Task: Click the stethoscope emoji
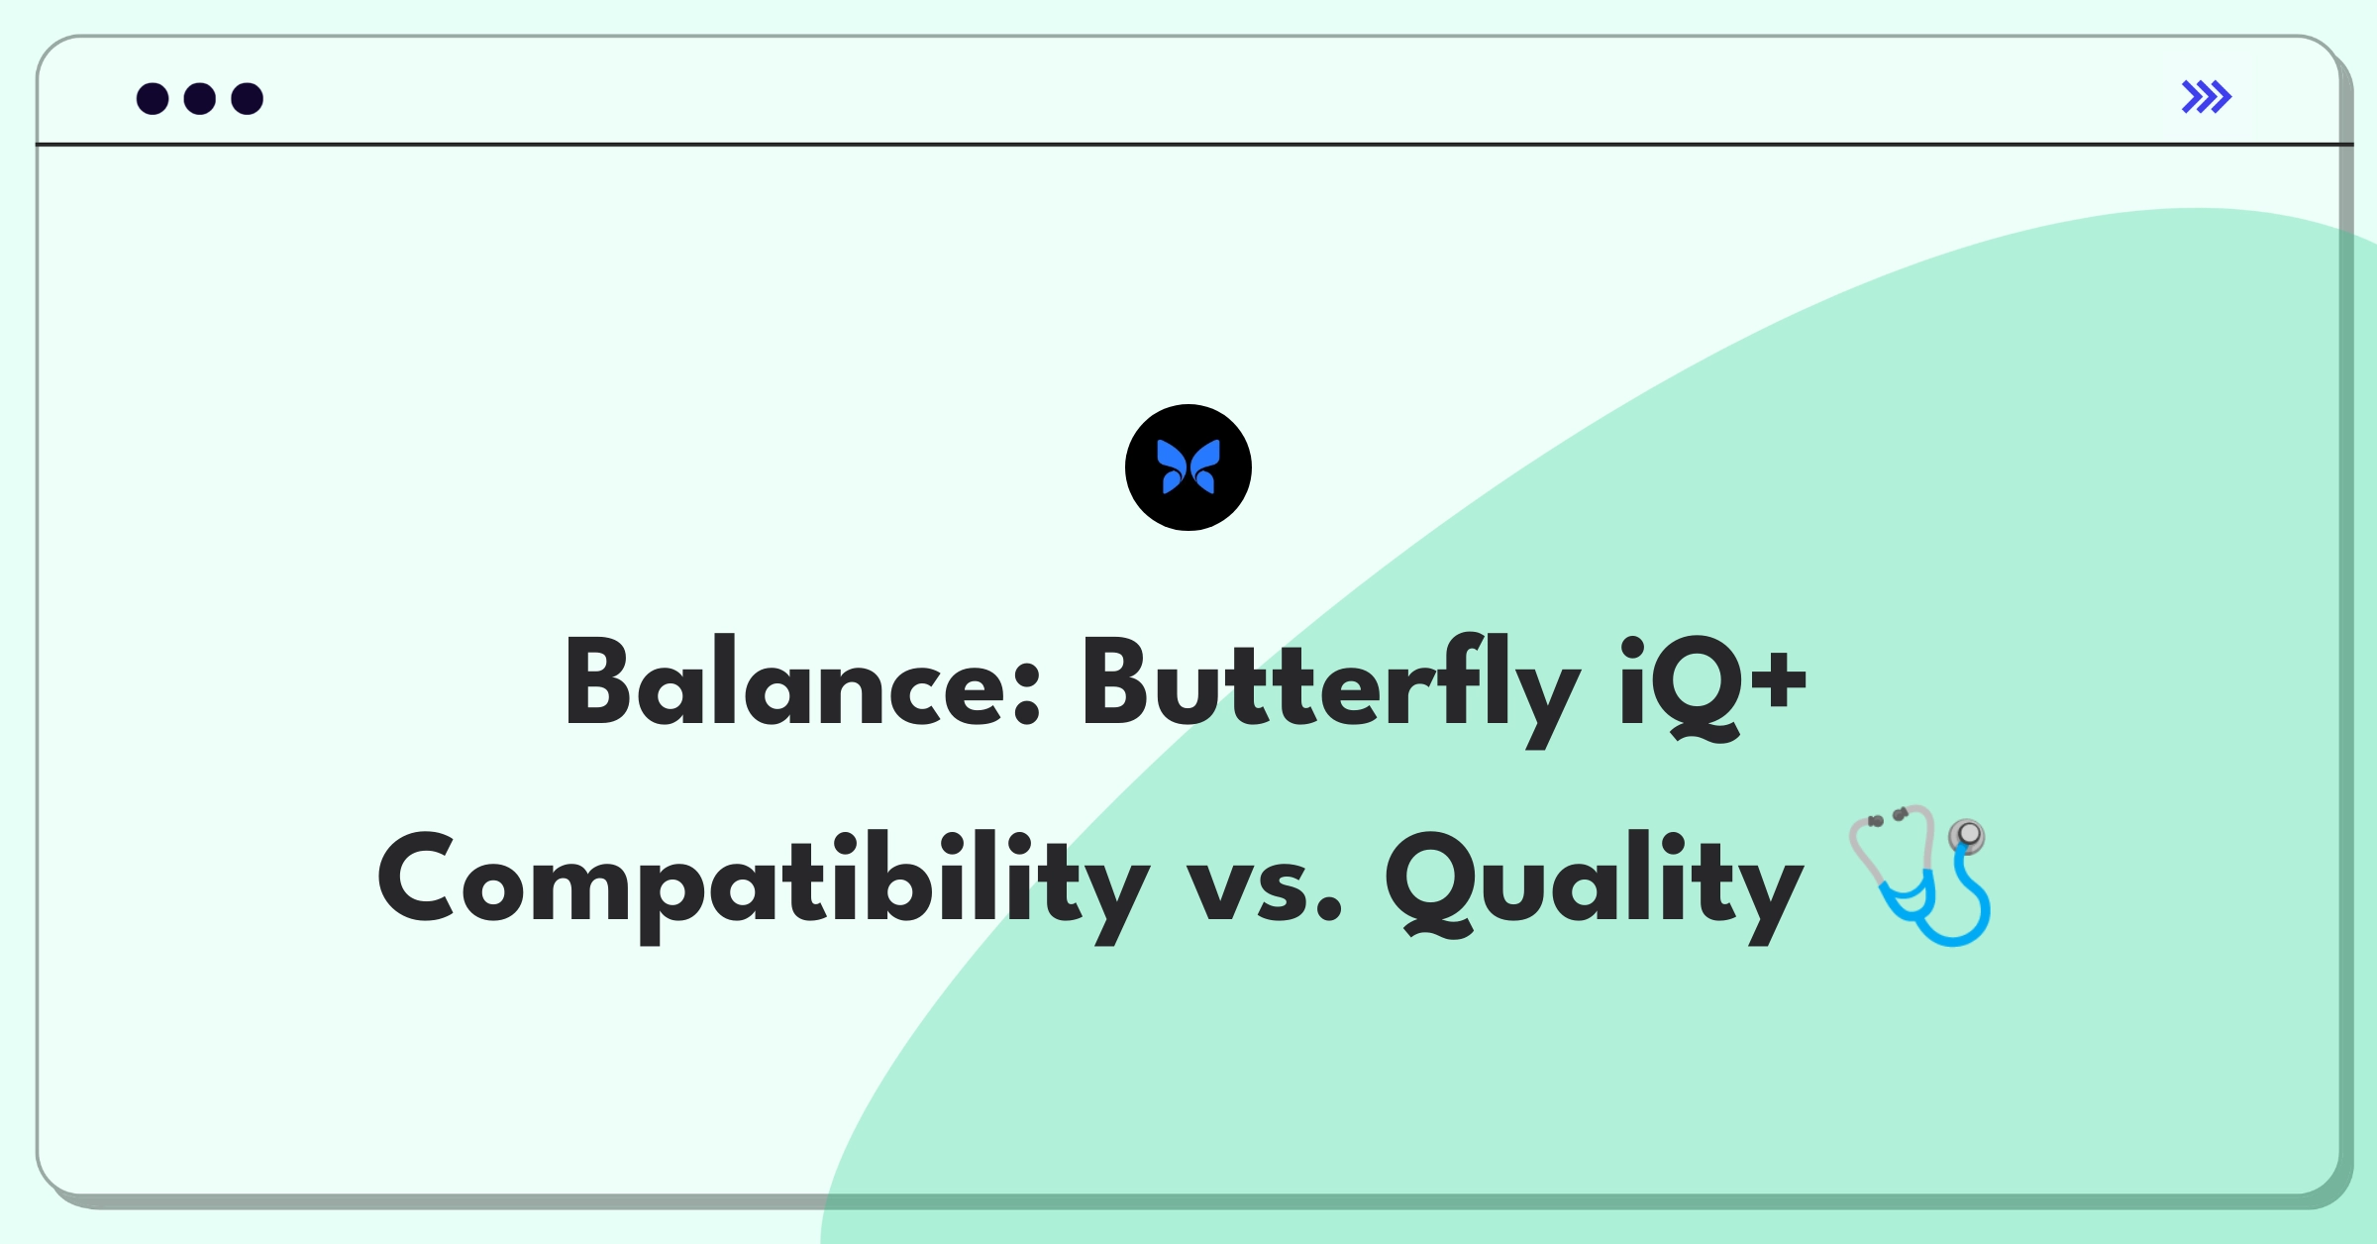pos(1919,875)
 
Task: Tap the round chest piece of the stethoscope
pos(1968,836)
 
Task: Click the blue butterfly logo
pos(1188,467)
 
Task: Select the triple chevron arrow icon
pos(2207,97)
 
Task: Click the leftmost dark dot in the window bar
pos(153,98)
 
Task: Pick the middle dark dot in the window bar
pos(200,98)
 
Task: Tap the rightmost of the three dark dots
pos(248,98)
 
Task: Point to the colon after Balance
pos(1028,691)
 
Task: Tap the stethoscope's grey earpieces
pos(1888,817)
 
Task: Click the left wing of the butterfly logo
pos(1172,466)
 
